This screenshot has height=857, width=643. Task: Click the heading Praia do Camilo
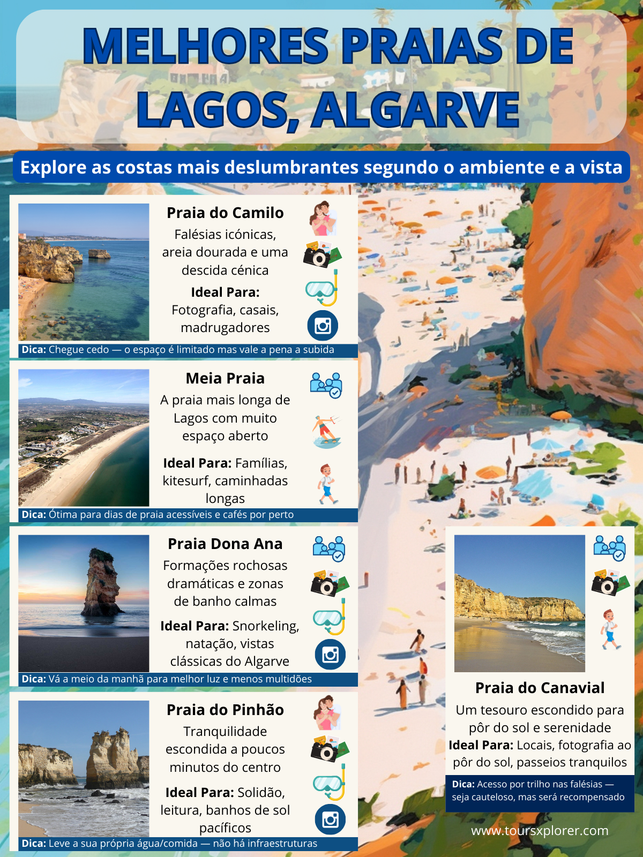(225, 213)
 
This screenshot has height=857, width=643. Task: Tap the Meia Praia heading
(225, 378)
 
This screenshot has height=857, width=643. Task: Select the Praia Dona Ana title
(225, 544)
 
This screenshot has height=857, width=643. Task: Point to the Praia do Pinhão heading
(225, 710)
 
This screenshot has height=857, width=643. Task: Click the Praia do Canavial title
(540, 688)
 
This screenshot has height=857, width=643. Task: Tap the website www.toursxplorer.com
(540, 831)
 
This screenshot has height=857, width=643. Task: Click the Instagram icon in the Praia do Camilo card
(323, 326)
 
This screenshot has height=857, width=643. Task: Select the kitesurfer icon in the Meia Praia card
(326, 431)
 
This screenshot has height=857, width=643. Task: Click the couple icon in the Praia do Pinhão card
(327, 713)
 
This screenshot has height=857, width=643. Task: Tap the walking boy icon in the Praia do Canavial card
(609, 629)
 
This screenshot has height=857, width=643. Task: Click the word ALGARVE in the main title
(416, 110)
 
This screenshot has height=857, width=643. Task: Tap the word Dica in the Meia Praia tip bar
(33, 515)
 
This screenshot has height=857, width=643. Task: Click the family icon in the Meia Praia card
(326, 385)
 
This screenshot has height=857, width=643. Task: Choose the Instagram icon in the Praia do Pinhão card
(330, 820)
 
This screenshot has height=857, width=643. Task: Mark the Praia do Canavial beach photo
(519, 603)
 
